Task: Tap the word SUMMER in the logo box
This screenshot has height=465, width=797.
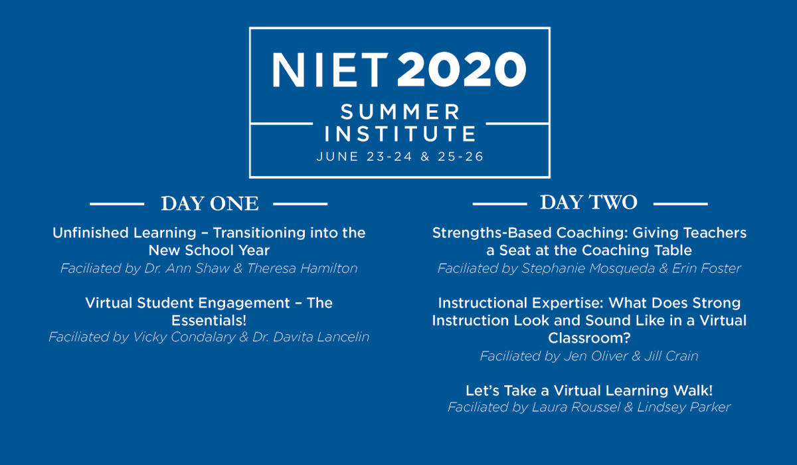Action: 400,111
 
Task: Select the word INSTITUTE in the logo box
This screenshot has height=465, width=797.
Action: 400,134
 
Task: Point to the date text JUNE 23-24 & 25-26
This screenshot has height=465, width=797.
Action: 400,157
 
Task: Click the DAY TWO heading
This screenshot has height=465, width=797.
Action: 588,202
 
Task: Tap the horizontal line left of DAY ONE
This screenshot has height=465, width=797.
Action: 117,204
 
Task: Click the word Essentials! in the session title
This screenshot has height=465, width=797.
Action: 209,320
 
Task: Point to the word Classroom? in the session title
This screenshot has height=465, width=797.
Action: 589,338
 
